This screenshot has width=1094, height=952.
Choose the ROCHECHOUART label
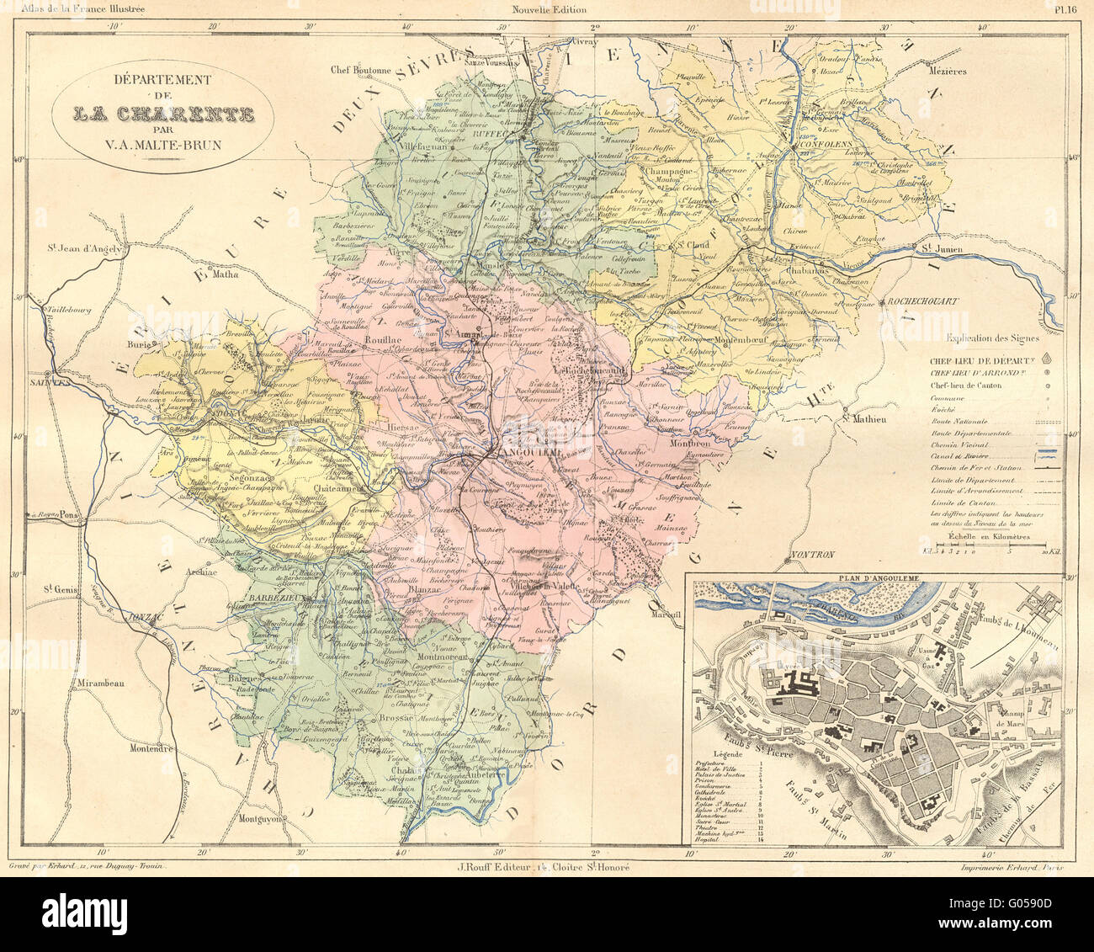coord(918,300)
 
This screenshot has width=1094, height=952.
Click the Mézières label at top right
coord(948,72)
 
